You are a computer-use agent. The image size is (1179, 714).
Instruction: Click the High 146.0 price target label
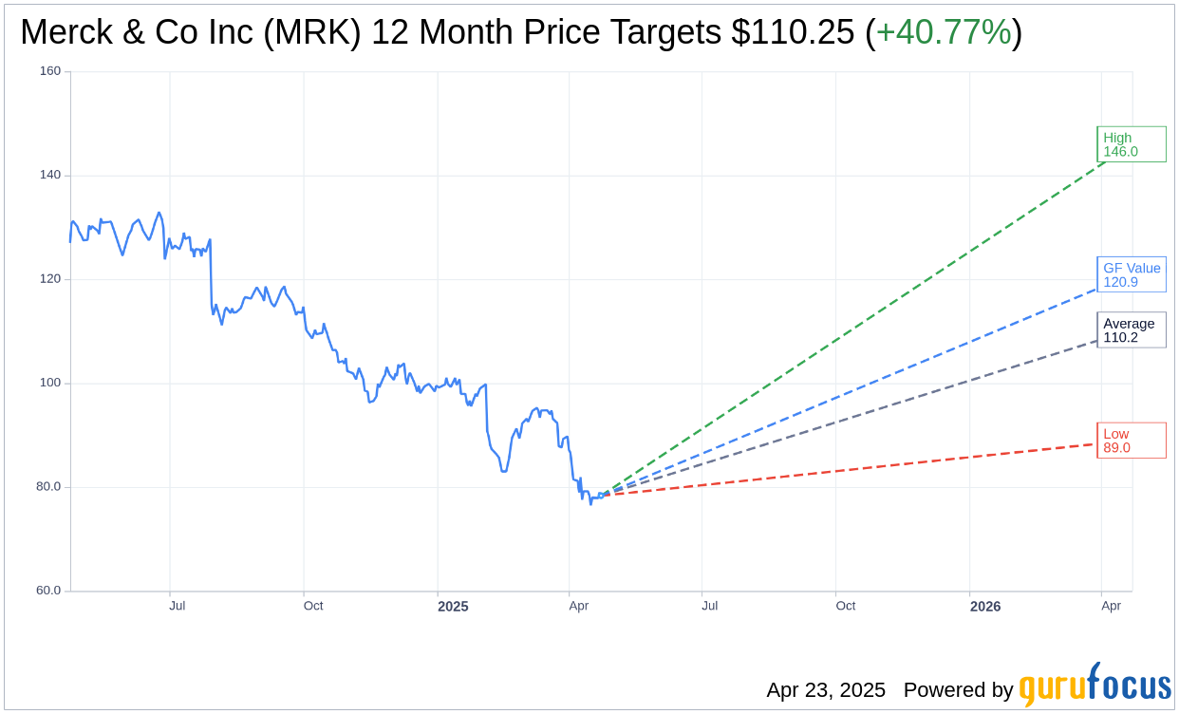pos(1131,144)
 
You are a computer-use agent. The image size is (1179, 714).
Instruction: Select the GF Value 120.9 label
pos(1131,275)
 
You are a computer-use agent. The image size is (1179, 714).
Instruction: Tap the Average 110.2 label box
pos(1131,330)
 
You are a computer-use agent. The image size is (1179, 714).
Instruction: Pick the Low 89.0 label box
pos(1131,441)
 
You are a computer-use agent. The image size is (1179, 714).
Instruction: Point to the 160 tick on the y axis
pos(49,71)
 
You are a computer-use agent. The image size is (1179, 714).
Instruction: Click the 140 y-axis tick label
pos(49,175)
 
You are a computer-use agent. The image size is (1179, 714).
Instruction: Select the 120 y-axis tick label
pos(49,279)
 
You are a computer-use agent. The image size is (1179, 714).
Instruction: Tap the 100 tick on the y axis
pos(49,383)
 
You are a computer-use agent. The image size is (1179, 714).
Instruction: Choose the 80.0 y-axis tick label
pos(47,486)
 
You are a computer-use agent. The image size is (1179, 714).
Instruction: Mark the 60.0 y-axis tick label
pos(47,591)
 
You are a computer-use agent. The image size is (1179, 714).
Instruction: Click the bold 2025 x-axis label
pos(453,606)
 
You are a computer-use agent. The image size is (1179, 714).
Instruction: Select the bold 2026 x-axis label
pos(985,606)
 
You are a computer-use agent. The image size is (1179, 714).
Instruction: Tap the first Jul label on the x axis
pos(178,606)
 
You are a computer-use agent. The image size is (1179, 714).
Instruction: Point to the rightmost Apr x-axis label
pos(1111,606)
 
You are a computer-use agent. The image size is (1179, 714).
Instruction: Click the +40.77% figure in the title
pos(944,32)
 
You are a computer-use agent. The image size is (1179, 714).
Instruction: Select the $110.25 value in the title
pos(793,32)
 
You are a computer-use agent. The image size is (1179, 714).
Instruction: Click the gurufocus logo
pos(1095,686)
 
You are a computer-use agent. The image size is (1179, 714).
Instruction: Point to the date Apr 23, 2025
pos(826,690)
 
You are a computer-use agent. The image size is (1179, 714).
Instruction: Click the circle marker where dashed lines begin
pos(601,495)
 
